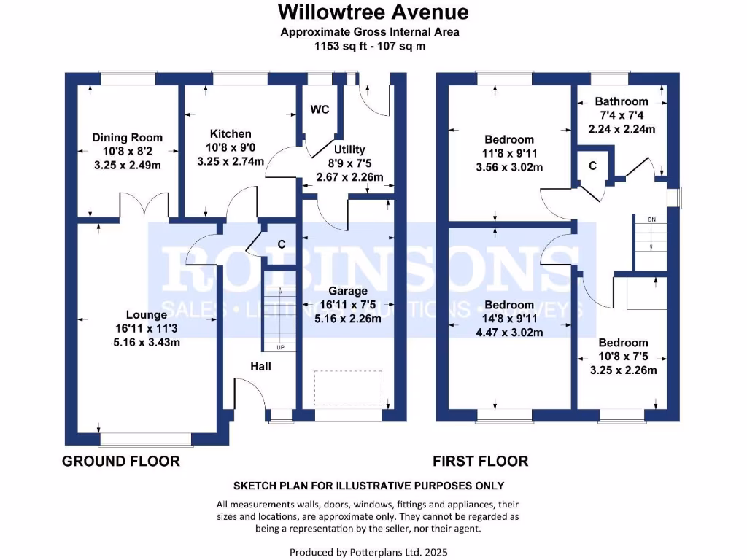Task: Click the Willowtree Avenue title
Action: pos(373,12)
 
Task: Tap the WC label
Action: pos(320,110)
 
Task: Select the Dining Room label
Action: pos(127,138)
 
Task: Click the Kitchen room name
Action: pos(231,134)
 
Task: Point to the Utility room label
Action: pos(349,149)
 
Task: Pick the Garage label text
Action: pos(349,292)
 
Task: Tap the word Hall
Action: pos(260,366)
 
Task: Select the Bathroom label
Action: pos(621,102)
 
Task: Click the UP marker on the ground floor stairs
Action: pos(280,347)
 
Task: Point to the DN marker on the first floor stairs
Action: pos(651,219)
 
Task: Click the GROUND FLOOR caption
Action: pos(121,462)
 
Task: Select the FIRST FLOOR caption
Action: pos(481,462)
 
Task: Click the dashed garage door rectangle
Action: pos(349,386)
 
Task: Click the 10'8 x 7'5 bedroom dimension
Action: pos(623,357)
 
